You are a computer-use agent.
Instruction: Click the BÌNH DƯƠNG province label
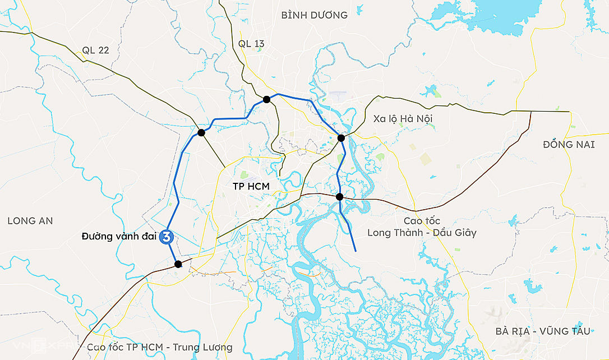pyautogui.click(x=314, y=15)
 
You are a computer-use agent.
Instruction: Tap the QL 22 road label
pyautogui.click(x=95, y=50)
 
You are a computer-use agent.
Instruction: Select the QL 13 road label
pyautogui.click(x=251, y=44)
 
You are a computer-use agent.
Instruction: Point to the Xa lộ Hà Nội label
pyautogui.click(x=403, y=118)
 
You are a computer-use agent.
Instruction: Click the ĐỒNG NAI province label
pyautogui.click(x=569, y=145)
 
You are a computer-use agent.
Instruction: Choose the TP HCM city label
pyautogui.click(x=251, y=186)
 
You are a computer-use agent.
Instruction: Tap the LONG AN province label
pyautogui.click(x=30, y=221)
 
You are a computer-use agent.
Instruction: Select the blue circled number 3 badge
pyautogui.click(x=167, y=237)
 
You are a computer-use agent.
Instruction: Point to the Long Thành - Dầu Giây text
pyautogui.click(x=422, y=232)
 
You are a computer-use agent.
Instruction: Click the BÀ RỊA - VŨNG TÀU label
pyautogui.click(x=543, y=331)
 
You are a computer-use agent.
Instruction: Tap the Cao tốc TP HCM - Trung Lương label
pyautogui.click(x=159, y=348)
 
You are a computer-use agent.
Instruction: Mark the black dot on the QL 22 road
pyautogui.click(x=201, y=133)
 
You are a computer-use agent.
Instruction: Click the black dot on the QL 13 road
pyautogui.click(x=267, y=99)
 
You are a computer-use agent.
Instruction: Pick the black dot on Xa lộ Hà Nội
pyautogui.click(x=341, y=138)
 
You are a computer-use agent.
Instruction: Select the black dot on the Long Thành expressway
pyautogui.click(x=339, y=197)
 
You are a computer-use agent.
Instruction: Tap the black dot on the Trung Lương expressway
pyautogui.click(x=178, y=264)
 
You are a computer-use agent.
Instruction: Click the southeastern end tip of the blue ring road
pyautogui.click(x=356, y=251)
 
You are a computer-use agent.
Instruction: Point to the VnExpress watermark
pyautogui.click(x=34, y=347)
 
